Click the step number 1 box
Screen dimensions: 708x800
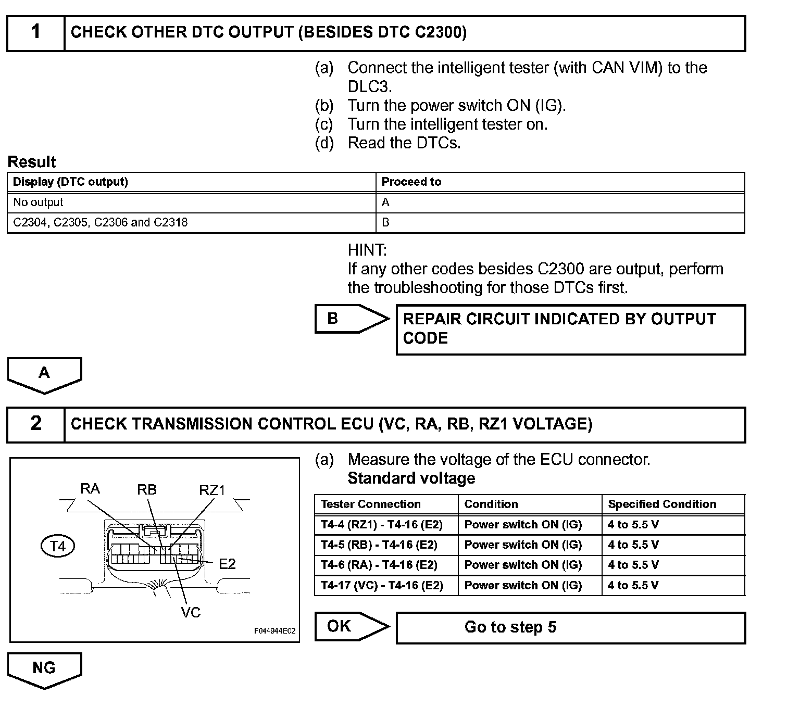(x=35, y=33)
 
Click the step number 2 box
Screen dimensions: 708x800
(x=35, y=424)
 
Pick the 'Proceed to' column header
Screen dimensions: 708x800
(x=411, y=182)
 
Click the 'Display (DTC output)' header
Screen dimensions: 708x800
(x=70, y=182)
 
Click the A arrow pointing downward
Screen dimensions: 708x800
(x=44, y=374)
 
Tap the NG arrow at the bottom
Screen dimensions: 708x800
(x=44, y=669)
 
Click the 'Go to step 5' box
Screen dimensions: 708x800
(x=570, y=627)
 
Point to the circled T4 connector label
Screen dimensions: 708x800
(x=58, y=547)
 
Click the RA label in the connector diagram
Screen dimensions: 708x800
(x=90, y=489)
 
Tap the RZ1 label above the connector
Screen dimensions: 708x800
(x=212, y=490)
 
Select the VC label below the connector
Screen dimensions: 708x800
(x=191, y=613)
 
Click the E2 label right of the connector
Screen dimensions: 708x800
(x=227, y=564)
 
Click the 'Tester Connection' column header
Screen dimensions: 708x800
(x=371, y=504)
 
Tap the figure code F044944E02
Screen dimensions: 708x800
(x=274, y=631)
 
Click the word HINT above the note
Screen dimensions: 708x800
(x=367, y=250)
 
